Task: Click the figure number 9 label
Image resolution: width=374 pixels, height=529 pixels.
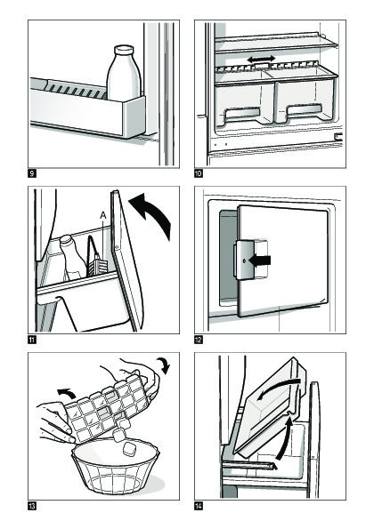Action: pyautogui.click(x=32, y=173)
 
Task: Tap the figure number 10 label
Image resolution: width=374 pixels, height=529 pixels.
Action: pyautogui.click(x=199, y=173)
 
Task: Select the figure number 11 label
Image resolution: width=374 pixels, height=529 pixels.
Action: pyautogui.click(x=32, y=340)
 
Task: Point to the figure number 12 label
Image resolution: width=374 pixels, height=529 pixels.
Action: pyautogui.click(x=199, y=340)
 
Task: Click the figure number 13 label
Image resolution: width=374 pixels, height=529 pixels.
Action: pyautogui.click(x=32, y=506)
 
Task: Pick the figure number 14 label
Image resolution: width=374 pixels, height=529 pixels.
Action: pyautogui.click(x=199, y=506)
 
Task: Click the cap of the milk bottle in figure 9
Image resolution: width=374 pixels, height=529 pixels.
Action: pyautogui.click(x=124, y=50)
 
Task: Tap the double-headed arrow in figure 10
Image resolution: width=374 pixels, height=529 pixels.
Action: pyautogui.click(x=261, y=60)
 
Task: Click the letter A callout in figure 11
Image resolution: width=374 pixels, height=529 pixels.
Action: pyautogui.click(x=103, y=215)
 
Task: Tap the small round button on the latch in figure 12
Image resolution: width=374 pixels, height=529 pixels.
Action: pyautogui.click(x=244, y=260)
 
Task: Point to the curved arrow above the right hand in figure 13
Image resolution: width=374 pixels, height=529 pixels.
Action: pyautogui.click(x=164, y=365)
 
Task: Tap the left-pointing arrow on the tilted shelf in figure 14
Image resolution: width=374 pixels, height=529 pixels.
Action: pyautogui.click(x=279, y=387)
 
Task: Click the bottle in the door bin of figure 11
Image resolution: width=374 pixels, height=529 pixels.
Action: pyautogui.click(x=71, y=258)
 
